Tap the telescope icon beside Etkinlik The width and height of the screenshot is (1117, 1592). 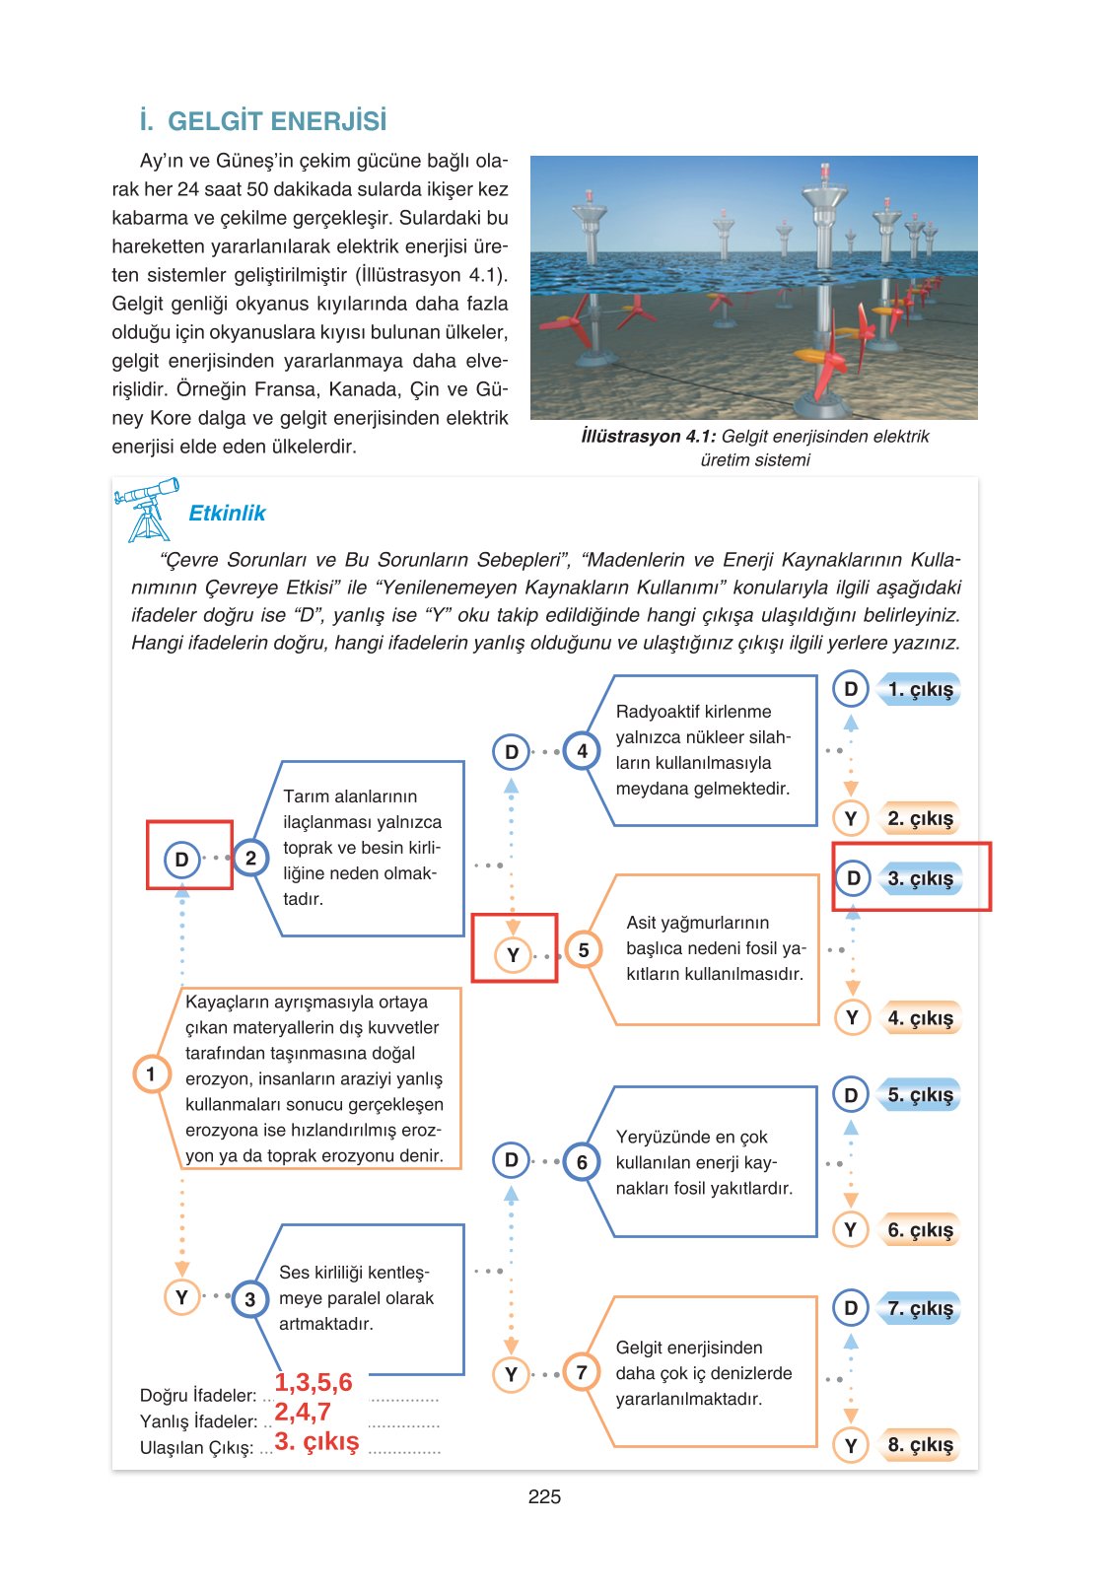coord(148,510)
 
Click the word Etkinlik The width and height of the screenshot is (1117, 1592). coord(227,514)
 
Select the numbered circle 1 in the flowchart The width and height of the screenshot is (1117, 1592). coord(151,1073)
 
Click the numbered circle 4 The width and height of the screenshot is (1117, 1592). coord(582,751)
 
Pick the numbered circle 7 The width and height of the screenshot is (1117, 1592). coord(582,1372)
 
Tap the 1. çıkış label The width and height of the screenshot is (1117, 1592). coord(920,690)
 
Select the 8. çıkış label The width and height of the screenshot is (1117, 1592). coord(920,1445)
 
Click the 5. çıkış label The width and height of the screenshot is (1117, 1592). coord(920,1095)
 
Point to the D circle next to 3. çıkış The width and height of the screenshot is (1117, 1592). coord(853,877)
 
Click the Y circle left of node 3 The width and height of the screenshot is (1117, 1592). coord(181,1297)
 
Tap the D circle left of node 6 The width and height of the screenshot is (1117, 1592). coord(511,1160)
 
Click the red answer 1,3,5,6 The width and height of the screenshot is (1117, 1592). coord(314,1382)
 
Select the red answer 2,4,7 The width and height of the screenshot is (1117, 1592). coord(303,1412)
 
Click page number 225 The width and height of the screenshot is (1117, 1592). coord(544,1496)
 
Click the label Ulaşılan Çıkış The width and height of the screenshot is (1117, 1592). coord(196,1448)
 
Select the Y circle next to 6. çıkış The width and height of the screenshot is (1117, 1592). coord(851,1229)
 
